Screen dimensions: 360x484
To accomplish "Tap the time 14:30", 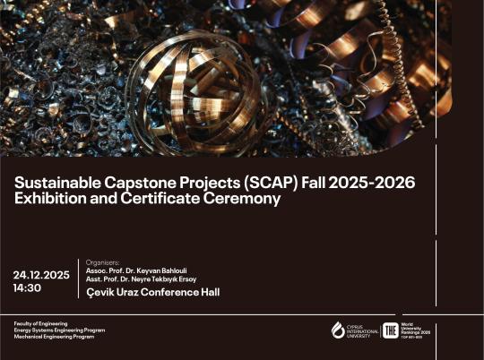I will click(28, 288).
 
